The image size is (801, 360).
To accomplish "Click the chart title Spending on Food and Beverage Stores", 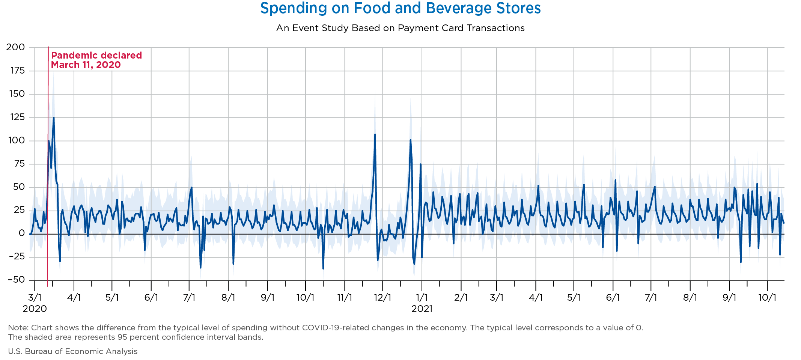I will tap(400, 8).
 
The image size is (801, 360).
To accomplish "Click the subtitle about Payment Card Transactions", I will tap(400, 28).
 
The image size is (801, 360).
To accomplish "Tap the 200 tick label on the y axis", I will tap(15, 47).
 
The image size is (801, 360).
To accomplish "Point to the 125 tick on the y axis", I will tap(15, 117).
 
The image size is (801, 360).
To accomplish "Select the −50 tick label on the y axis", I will tap(15, 280).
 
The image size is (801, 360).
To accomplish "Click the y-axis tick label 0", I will tap(22, 233).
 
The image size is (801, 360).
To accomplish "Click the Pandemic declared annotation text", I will tap(96, 56).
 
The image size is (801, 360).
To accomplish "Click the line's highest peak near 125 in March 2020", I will tap(54, 117).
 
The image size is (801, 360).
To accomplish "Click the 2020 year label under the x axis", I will tap(35, 309).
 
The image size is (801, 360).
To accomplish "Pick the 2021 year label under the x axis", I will tap(422, 309).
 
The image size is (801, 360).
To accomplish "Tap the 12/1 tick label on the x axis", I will tap(382, 298).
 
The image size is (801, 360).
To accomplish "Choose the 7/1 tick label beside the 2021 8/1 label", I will tap(651, 298).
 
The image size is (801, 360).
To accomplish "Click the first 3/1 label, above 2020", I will tap(35, 298).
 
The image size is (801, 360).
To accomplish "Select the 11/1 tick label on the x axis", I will tap(345, 298).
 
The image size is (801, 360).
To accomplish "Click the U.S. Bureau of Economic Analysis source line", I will tap(73, 351).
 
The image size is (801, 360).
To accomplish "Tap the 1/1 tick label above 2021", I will tap(422, 298).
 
